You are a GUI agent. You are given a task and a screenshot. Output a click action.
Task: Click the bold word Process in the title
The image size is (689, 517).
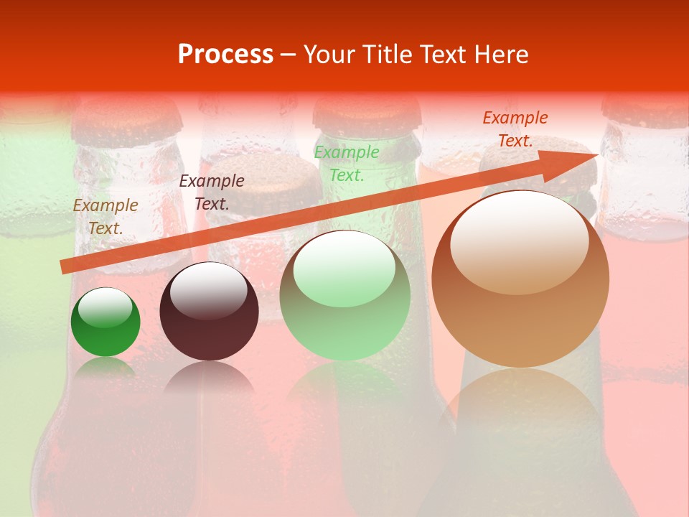[x=225, y=55]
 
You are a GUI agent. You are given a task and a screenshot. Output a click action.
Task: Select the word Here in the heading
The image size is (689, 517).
[x=502, y=55]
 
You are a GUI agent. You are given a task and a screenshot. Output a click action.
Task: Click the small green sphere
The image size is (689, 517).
[x=106, y=322]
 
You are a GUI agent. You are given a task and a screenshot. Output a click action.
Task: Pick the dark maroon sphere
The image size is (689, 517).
[x=209, y=312]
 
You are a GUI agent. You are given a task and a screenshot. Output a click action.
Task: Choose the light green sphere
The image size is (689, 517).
[x=345, y=296]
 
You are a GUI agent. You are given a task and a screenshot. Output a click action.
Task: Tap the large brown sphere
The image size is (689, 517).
[x=520, y=279]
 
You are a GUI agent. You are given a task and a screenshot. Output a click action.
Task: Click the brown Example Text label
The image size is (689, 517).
[x=106, y=217]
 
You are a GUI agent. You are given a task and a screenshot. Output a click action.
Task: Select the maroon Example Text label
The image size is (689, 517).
[x=212, y=192]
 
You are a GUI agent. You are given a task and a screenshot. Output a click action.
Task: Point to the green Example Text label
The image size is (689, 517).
[x=347, y=164]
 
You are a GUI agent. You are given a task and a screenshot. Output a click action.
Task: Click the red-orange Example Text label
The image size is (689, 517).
[x=515, y=129]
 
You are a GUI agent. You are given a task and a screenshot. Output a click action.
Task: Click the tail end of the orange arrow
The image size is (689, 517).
[x=65, y=266]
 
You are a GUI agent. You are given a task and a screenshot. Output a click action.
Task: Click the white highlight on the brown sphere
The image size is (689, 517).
[x=519, y=242]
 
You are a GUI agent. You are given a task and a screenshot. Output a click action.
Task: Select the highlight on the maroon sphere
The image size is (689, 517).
[x=209, y=290]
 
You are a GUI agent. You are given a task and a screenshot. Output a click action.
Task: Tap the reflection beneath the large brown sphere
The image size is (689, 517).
[x=520, y=409]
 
